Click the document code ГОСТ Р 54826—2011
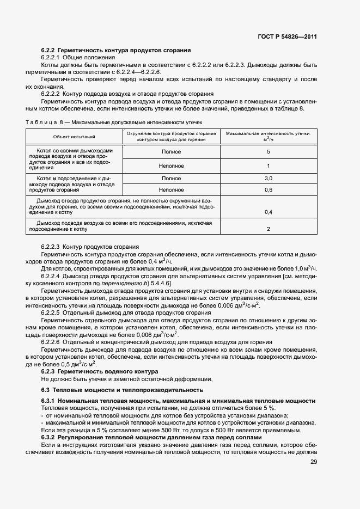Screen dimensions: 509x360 coord(287,36)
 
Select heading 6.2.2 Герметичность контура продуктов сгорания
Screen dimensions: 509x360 coord(115,50)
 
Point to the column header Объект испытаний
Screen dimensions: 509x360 coord(74,136)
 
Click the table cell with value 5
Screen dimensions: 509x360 coord(269,152)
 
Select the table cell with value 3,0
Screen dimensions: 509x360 coord(269,179)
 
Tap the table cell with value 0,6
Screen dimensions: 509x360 coord(269,190)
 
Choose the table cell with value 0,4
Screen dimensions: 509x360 coord(269,212)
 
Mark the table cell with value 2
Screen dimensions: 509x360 coord(269,229)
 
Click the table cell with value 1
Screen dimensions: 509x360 coord(269,165)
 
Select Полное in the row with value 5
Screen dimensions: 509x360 coord(172,152)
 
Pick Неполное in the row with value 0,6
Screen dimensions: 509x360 coord(172,190)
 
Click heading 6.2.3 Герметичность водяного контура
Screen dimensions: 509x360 coord(92,371)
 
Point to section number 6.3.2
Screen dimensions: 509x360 coord(48,437)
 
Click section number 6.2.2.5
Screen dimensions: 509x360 coord(52,312)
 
